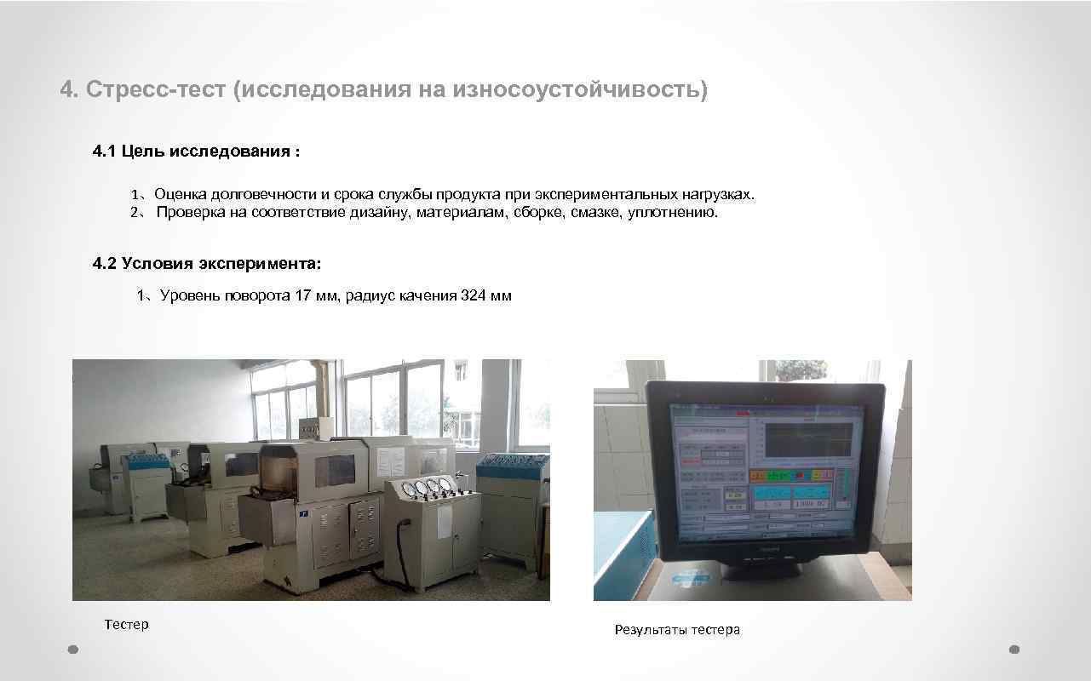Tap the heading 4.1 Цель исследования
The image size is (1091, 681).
pyautogui.click(x=195, y=152)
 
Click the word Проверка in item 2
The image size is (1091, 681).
pyautogui.click(x=192, y=212)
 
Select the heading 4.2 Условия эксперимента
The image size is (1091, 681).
pyautogui.click(x=207, y=264)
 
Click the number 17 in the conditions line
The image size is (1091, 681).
pyautogui.click(x=303, y=296)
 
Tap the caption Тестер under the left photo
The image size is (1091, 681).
pyautogui.click(x=126, y=624)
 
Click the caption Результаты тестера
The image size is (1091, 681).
pyautogui.click(x=677, y=630)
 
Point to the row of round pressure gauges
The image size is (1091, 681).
pyautogui.click(x=426, y=488)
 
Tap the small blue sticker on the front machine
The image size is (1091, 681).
pyautogui.click(x=301, y=513)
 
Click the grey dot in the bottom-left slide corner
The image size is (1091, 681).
pyautogui.click(x=73, y=649)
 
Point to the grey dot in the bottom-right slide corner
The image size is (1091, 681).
pyautogui.click(x=1013, y=649)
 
